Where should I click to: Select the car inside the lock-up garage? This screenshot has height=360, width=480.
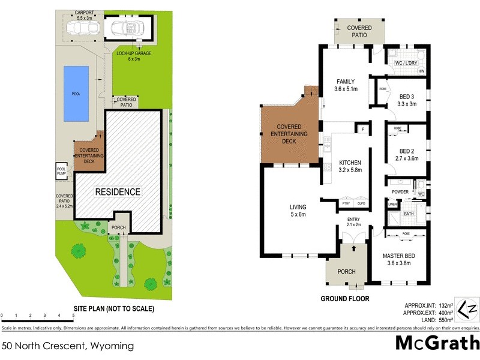pos(128,27)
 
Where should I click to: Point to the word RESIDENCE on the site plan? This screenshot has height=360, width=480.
pos(117,192)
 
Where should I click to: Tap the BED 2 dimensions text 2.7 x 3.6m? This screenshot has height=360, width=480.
pos(407,158)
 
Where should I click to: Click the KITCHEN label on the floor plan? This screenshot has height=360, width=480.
pos(351,163)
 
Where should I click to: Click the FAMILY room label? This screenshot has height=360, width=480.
pos(345,82)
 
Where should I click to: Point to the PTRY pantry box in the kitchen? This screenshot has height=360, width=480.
pos(346,203)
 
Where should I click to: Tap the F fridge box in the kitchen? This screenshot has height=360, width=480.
pos(362,129)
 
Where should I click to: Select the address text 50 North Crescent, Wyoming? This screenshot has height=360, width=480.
pos(67,346)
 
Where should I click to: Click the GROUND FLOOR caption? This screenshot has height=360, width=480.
pos(344,298)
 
